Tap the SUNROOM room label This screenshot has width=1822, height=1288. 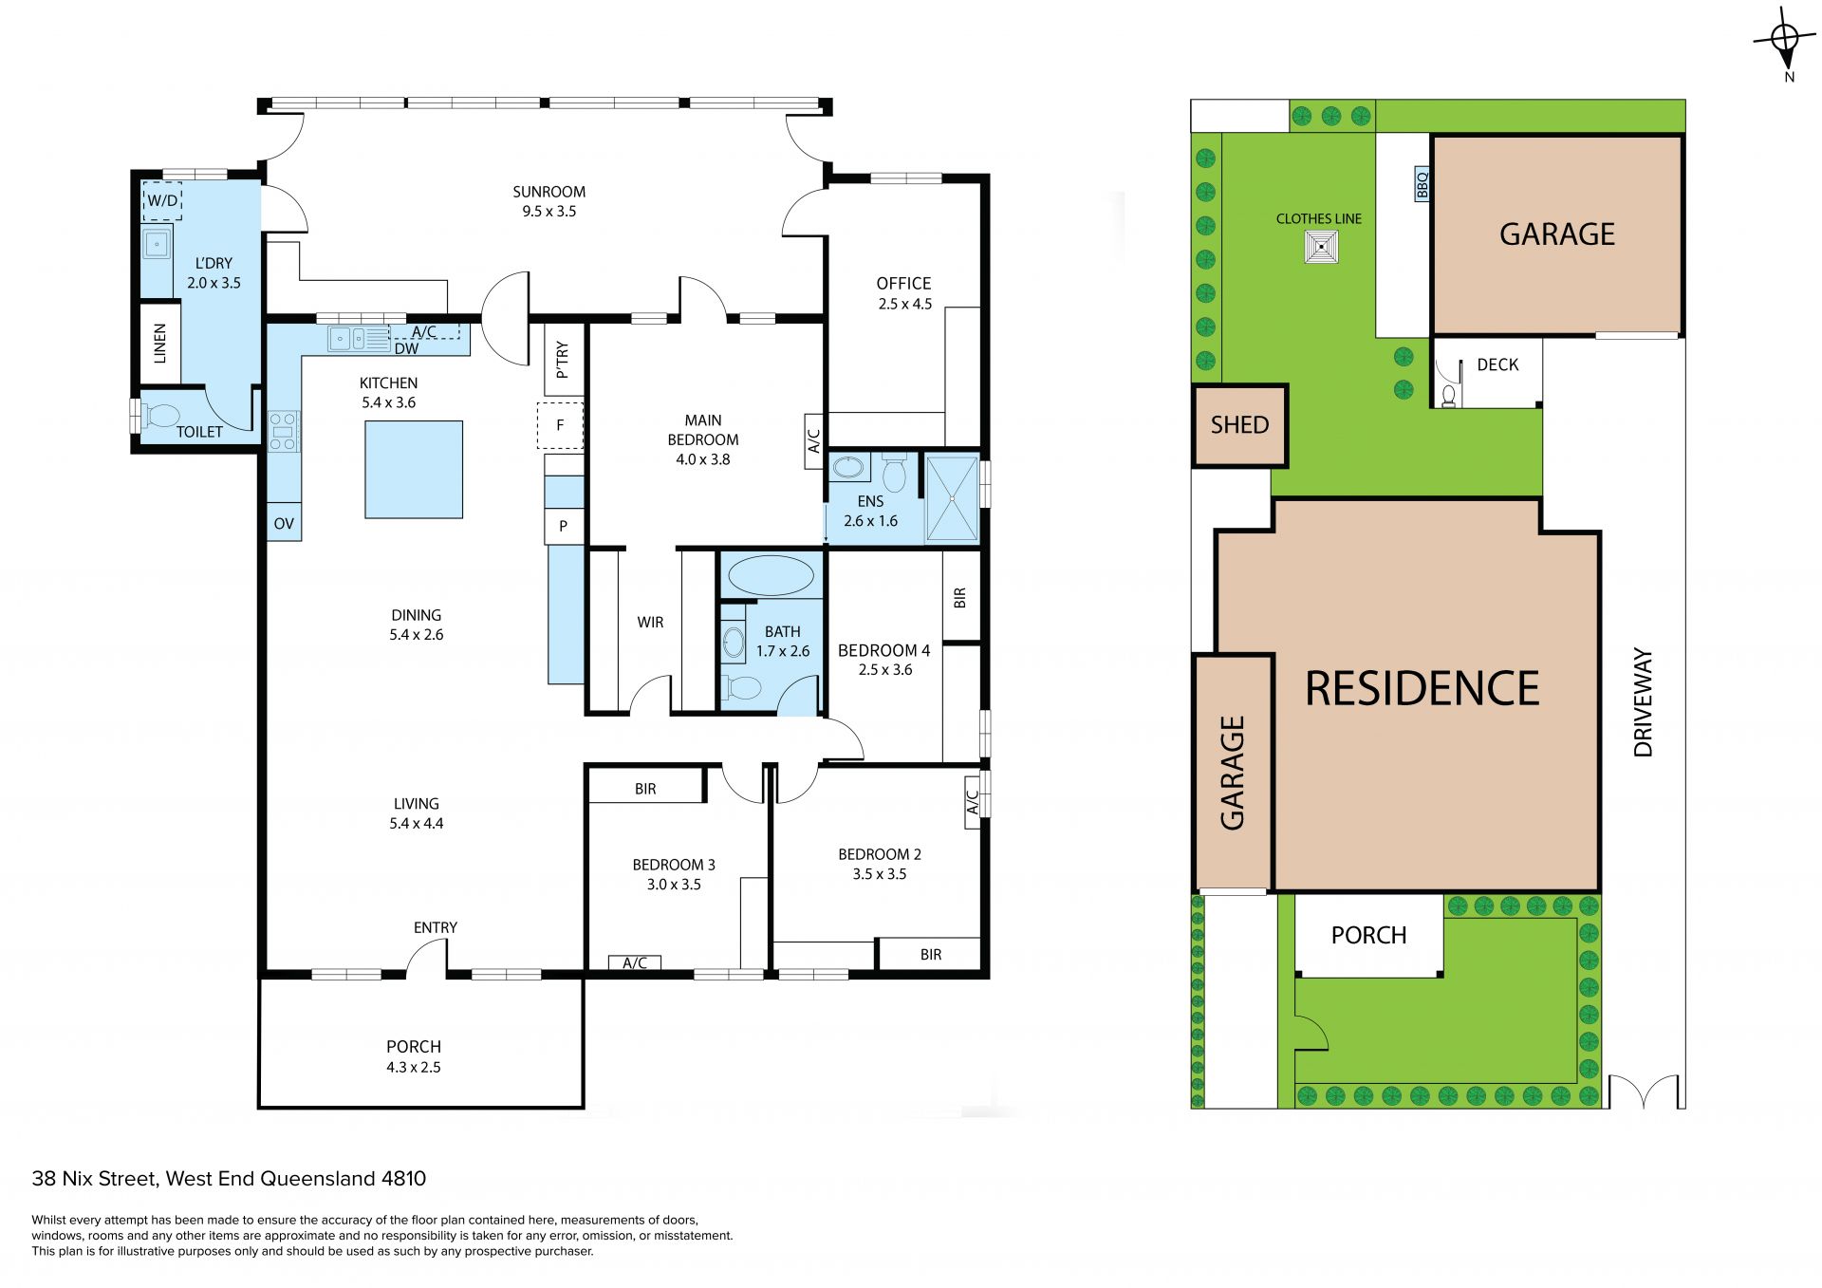click(548, 192)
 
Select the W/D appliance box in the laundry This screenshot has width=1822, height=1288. click(162, 201)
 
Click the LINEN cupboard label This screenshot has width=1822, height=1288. click(159, 343)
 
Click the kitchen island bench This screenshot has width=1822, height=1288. click(414, 470)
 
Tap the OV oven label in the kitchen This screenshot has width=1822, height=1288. click(284, 524)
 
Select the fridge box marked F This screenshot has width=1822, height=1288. click(560, 425)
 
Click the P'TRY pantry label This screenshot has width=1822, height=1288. click(562, 361)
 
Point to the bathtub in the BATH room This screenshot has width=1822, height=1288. click(771, 576)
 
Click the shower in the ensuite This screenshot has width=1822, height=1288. click(952, 499)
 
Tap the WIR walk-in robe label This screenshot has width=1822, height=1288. click(650, 623)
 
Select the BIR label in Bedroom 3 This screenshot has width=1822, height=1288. click(645, 789)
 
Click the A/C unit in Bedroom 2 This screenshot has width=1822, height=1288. click(973, 803)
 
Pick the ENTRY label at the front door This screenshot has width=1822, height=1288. click(436, 927)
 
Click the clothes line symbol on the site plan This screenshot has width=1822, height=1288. click(1320, 248)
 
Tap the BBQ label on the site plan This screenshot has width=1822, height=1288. click(1422, 184)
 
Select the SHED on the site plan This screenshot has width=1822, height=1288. click(1239, 425)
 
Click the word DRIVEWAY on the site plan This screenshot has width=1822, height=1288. click(1643, 702)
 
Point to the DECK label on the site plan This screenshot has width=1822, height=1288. click(1497, 364)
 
